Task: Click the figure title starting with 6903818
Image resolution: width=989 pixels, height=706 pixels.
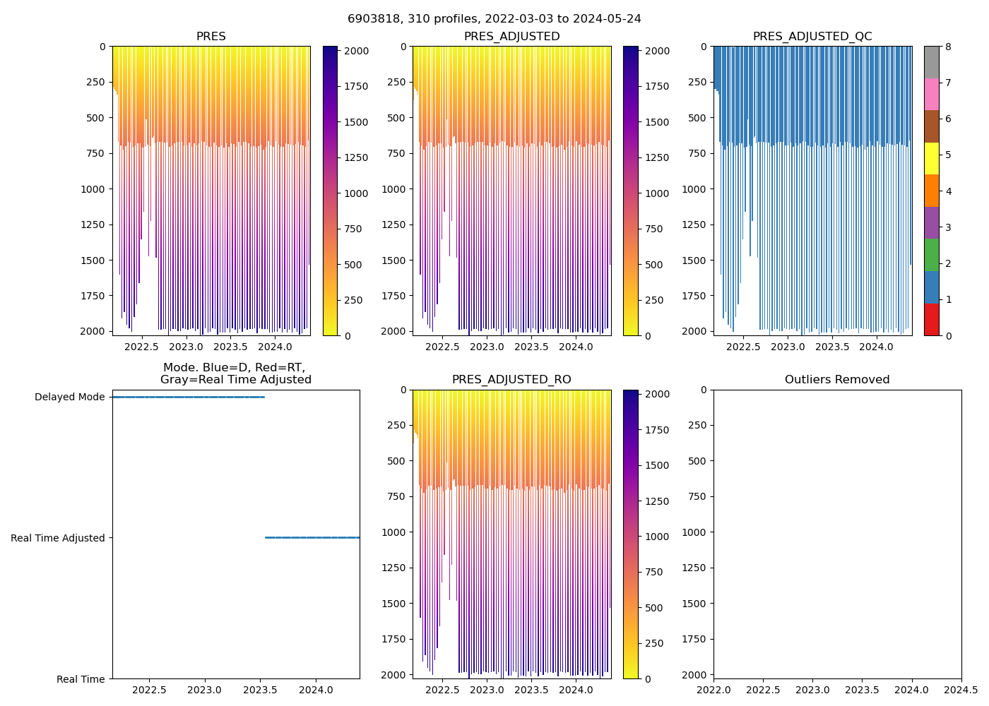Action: tap(494, 19)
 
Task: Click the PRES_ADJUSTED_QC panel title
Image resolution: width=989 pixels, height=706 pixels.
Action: tap(812, 37)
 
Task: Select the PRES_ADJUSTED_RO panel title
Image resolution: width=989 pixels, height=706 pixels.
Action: tap(511, 380)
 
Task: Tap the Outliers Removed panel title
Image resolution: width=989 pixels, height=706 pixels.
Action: tap(836, 380)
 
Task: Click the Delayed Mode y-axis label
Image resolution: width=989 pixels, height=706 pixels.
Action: tap(69, 397)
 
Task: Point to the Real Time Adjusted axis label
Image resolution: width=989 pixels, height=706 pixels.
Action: tap(57, 538)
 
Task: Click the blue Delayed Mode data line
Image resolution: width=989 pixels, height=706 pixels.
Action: tap(188, 397)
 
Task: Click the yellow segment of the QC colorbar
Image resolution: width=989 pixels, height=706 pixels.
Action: tap(931, 158)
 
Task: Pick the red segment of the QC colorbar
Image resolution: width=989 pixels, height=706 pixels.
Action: tap(931, 319)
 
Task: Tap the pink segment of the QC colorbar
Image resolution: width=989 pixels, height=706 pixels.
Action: tap(931, 94)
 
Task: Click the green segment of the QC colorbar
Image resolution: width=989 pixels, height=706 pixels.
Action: tap(931, 255)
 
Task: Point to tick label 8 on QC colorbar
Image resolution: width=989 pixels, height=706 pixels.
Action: tap(948, 47)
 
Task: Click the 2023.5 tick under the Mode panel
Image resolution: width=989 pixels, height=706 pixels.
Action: tap(260, 690)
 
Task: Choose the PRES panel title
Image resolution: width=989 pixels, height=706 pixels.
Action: tap(211, 37)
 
